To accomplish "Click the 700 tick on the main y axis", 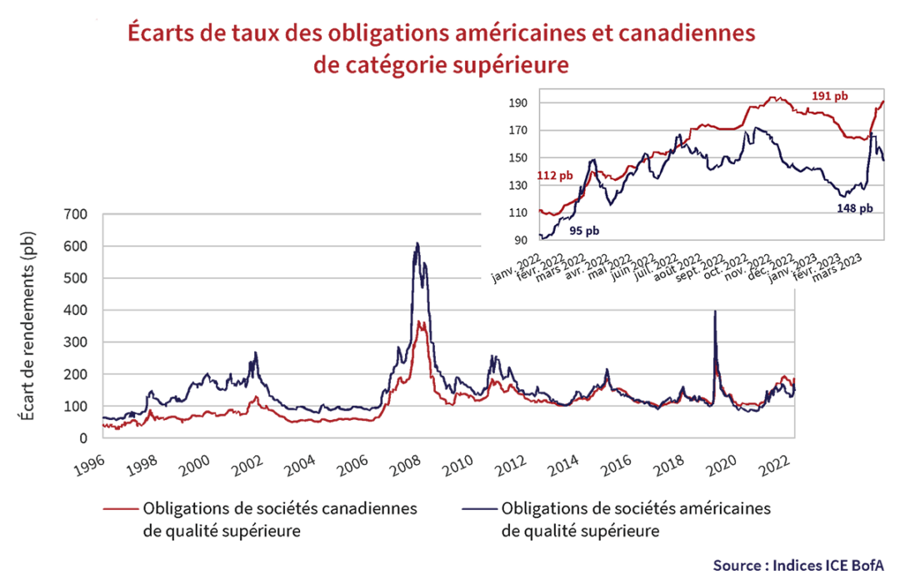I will [x=77, y=214].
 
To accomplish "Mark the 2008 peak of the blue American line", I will [x=417, y=243].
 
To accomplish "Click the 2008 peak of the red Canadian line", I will [x=422, y=322].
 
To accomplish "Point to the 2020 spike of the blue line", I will [x=715, y=312].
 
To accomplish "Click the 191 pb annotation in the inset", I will [x=829, y=97].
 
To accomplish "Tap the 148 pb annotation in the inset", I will [x=855, y=208].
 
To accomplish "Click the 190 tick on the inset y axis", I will [x=522, y=103].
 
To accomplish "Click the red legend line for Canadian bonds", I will [x=118, y=508].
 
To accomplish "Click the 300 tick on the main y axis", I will [x=77, y=342].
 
